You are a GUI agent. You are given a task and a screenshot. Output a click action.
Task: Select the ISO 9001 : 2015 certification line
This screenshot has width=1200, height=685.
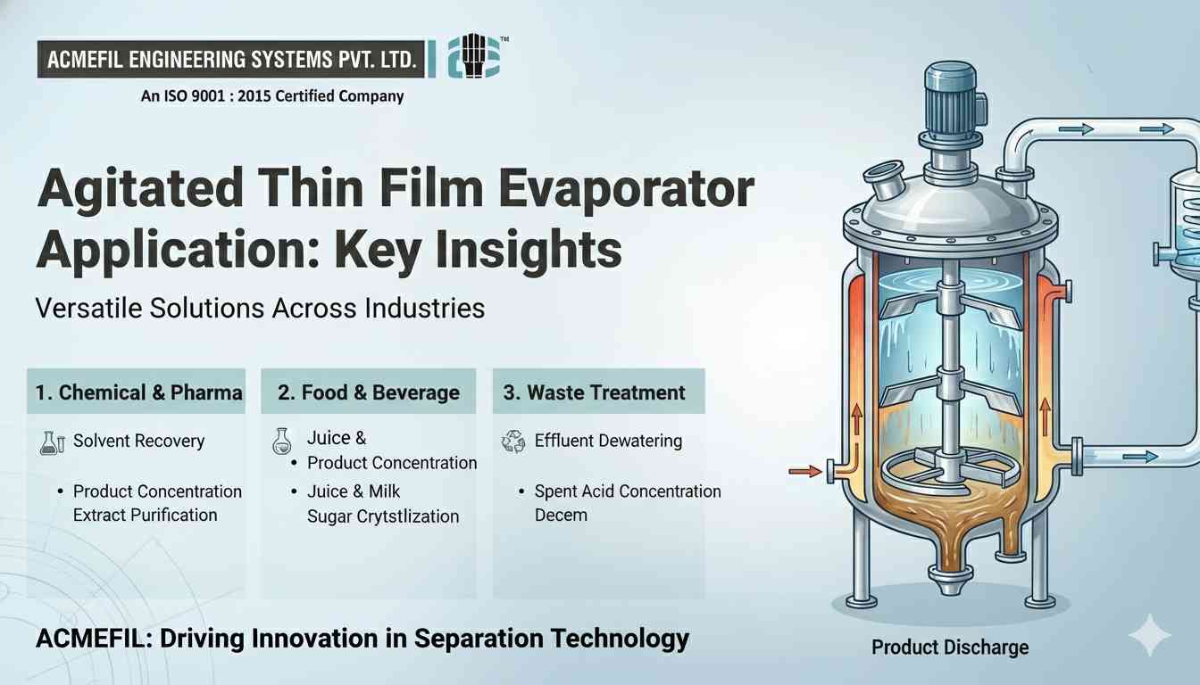[x=272, y=96]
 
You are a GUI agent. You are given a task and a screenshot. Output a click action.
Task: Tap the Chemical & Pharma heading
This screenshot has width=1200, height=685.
[x=138, y=392]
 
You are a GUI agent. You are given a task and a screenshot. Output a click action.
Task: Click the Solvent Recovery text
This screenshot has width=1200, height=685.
[x=138, y=441]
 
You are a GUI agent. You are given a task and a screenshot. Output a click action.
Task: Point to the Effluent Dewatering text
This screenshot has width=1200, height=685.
[x=608, y=441]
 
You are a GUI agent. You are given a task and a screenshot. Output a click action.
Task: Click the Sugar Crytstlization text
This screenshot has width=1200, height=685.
[x=383, y=516]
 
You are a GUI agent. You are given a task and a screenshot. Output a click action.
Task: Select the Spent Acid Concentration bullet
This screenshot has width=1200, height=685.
[x=627, y=491]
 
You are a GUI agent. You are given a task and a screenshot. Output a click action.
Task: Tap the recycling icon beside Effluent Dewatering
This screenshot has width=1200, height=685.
[x=514, y=441]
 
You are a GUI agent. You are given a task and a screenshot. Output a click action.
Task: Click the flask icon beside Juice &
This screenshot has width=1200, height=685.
[x=281, y=442]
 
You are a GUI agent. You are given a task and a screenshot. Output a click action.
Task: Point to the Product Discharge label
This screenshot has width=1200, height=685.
[x=949, y=648]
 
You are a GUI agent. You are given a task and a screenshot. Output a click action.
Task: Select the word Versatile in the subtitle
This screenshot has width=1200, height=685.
[x=91, y=309]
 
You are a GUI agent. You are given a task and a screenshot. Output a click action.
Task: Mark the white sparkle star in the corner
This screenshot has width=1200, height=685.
[x=1149, y=636]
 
